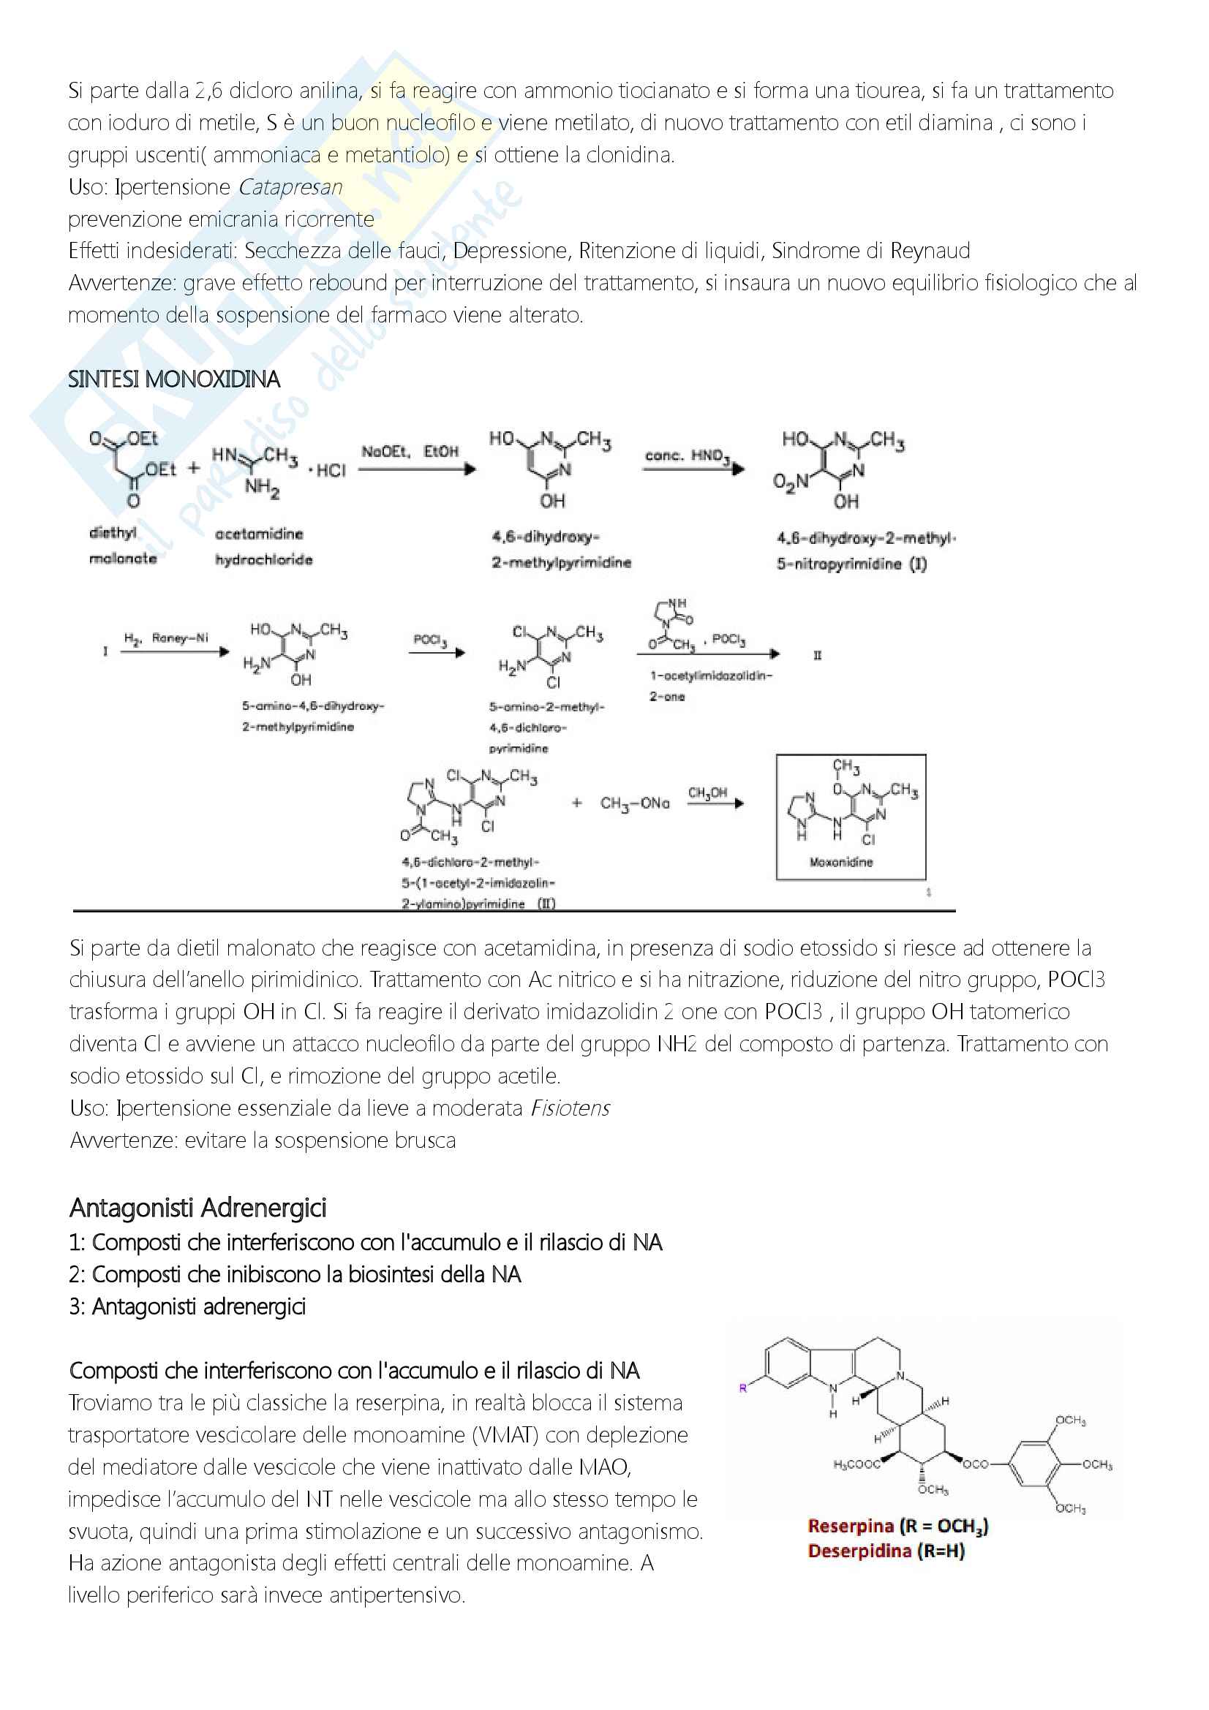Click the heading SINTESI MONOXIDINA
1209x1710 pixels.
coord(173,380)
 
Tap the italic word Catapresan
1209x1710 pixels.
coord(290,187)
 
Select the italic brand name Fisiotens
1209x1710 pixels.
coord(570,1108)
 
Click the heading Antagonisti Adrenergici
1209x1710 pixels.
coord(197,1208)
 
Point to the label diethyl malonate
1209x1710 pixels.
coord(122,545)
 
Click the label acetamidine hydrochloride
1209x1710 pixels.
coord(263,547)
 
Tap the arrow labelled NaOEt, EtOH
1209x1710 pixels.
coord(416,469)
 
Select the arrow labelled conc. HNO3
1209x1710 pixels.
coord(693,469)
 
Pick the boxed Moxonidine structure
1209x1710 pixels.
coord(851,817)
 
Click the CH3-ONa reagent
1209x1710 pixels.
coord(635,803)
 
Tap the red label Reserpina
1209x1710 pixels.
coord(850,1526)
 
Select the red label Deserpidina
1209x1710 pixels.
coord(859,1551)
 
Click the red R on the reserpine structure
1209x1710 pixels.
coord(742,1388)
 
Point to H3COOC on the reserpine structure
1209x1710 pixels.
coord(856,1464)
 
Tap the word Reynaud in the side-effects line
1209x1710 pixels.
coord(930,251)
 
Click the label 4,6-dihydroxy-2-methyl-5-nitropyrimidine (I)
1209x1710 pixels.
coord(865,551)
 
